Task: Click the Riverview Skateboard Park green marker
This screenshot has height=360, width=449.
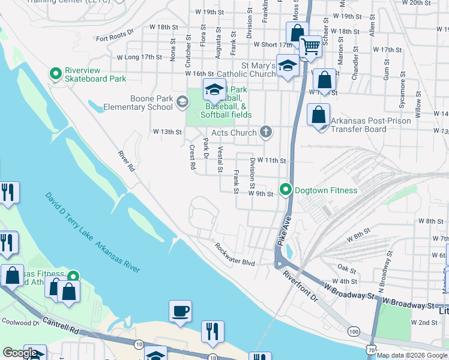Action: (56, 74)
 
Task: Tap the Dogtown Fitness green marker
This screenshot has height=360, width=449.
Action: (286, 190)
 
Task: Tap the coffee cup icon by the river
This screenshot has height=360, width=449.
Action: (180, 311)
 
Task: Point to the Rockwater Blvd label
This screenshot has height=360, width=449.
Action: (235, 254)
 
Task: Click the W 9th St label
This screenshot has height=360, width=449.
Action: (261, 194)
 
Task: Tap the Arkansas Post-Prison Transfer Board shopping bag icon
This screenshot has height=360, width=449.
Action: (318, 113)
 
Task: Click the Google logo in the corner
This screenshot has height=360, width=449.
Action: (20, 353)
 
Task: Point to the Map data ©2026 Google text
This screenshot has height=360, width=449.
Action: (412, 355)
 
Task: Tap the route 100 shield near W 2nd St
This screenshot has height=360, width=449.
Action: (354, 331)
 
